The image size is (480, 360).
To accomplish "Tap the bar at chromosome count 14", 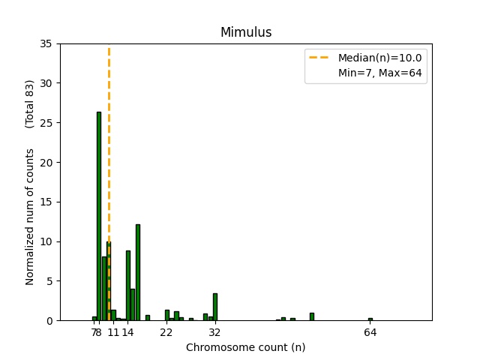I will pyautogui.click(x=128, y=286).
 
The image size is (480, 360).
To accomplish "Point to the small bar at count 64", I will pyautogui.click(x=370, y=319).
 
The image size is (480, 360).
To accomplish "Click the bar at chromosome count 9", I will pyautogui.click(x=104, y=289).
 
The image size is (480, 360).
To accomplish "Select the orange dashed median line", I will pyautogui.click(x=109, y=150).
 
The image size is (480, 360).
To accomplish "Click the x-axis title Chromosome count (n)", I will pyautogui.click(x=245, y=347).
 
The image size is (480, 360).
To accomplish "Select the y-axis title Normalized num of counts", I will pyautogui.click(x=30, y=216).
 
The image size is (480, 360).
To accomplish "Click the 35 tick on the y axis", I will pyautogui.click(x=46, y=43).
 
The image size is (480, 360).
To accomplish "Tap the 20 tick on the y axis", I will pyautogui.click(x=46, y=163).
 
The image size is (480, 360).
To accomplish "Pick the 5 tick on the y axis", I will pyautogui.click(x=49, y=281).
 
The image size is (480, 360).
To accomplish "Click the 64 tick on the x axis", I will pyautogui.click(x=370, y=331).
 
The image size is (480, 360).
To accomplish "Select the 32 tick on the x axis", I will pyautogui.click(x=215, y=331).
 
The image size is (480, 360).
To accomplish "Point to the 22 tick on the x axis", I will pyautogui.click(x=166, y=331).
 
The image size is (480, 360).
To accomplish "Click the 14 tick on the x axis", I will pyautogui.click(x=128, y=331).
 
